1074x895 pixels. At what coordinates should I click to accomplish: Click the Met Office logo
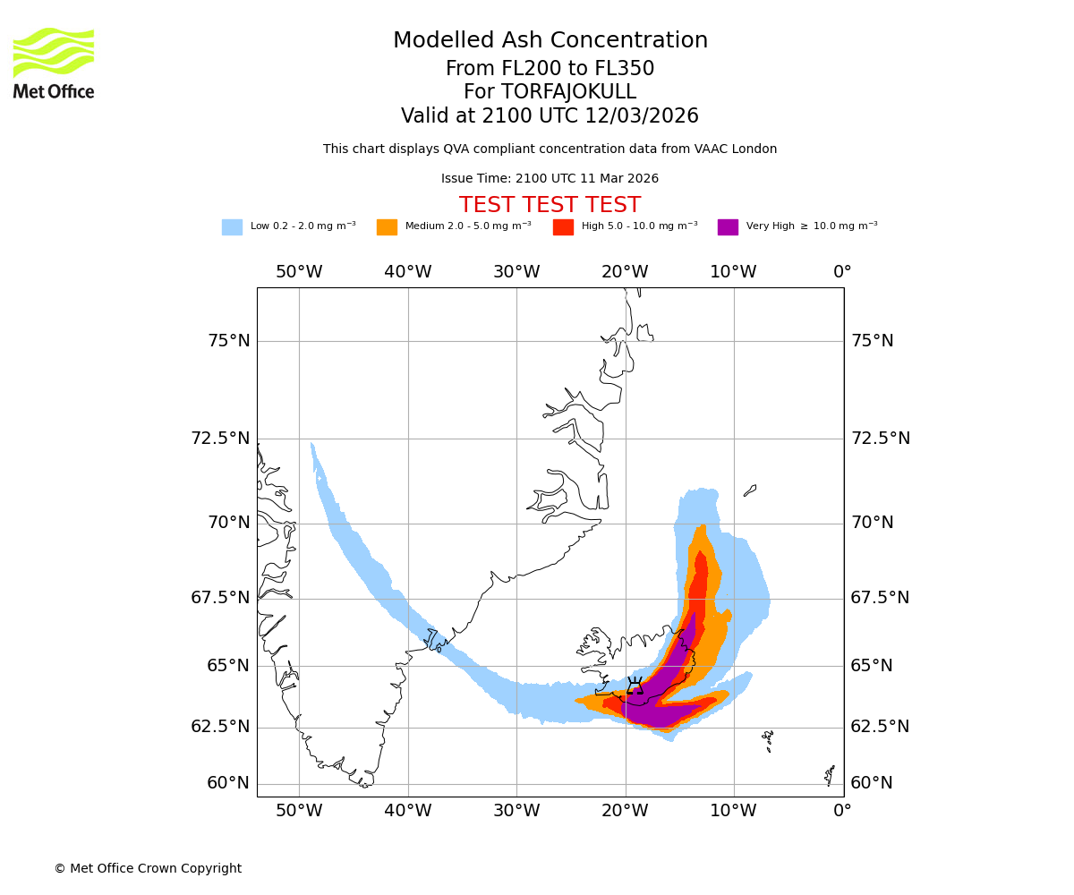pyautogui.click(x=54, y=63)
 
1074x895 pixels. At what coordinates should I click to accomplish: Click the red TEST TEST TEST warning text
pyautogui.click(x=550, y=205)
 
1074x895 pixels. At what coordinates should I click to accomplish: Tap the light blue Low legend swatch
pyautogui.click(x=232, y=226)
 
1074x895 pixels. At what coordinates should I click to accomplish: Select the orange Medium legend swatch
pyautogui.click(x=387, y=226)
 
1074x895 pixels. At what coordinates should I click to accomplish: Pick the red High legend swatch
pyautogui.click(x=563, y=226)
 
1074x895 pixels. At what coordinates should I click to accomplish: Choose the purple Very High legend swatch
pyautogui.click(x=728, y=226)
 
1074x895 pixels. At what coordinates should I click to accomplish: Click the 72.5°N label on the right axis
pyautogui.click(x=880, y=439)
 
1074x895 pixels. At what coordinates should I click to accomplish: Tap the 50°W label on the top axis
pyautogui.click(x=299, y=272)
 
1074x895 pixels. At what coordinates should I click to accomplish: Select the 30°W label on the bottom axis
pyautogui.click(x=516, y=811)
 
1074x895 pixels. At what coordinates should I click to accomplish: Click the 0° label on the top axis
pyautogui.click(x=842, y=272)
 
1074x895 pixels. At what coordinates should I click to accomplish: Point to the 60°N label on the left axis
pyautogui.click(x=228, y=783)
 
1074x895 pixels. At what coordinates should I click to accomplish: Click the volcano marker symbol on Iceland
pyautogui.click(x=635, y=686)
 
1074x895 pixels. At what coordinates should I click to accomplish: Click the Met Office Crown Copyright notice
pyautogui.click(x=148, y=868)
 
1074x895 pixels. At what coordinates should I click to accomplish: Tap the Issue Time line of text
pyautogui.click(x=550, y=178)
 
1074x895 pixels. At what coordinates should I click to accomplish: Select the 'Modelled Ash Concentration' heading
pyautogui.click(x=550, y=40)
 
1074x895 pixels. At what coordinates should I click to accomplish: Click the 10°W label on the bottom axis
pyautogui.click(x=733, y=811)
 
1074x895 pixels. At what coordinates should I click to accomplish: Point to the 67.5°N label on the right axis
pyautogui.click(x=880, y=598)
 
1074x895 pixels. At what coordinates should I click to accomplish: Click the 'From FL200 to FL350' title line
pyautogui.click(x=550, y=69)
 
